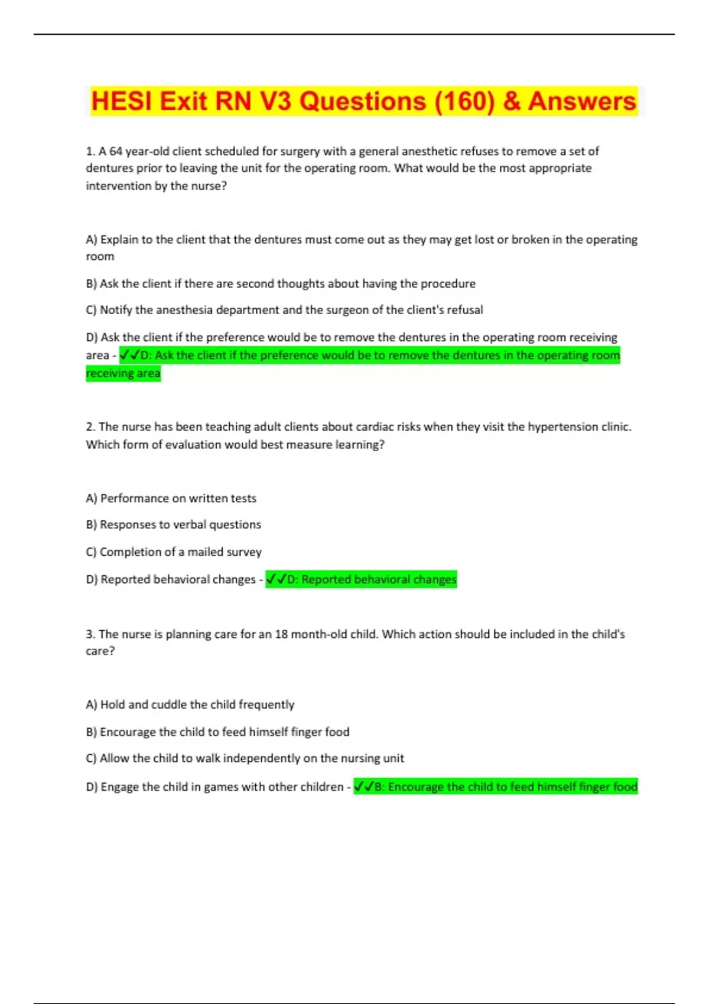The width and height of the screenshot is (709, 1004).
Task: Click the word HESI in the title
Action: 122,102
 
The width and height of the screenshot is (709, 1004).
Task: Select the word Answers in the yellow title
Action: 581,102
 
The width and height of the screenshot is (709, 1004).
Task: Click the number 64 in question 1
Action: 116,151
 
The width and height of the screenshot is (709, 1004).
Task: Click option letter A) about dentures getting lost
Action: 92,240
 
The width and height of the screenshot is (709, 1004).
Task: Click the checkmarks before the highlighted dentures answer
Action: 129,356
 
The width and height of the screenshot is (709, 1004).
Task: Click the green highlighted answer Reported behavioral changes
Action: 362,579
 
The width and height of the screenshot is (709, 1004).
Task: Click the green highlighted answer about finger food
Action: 496,787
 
